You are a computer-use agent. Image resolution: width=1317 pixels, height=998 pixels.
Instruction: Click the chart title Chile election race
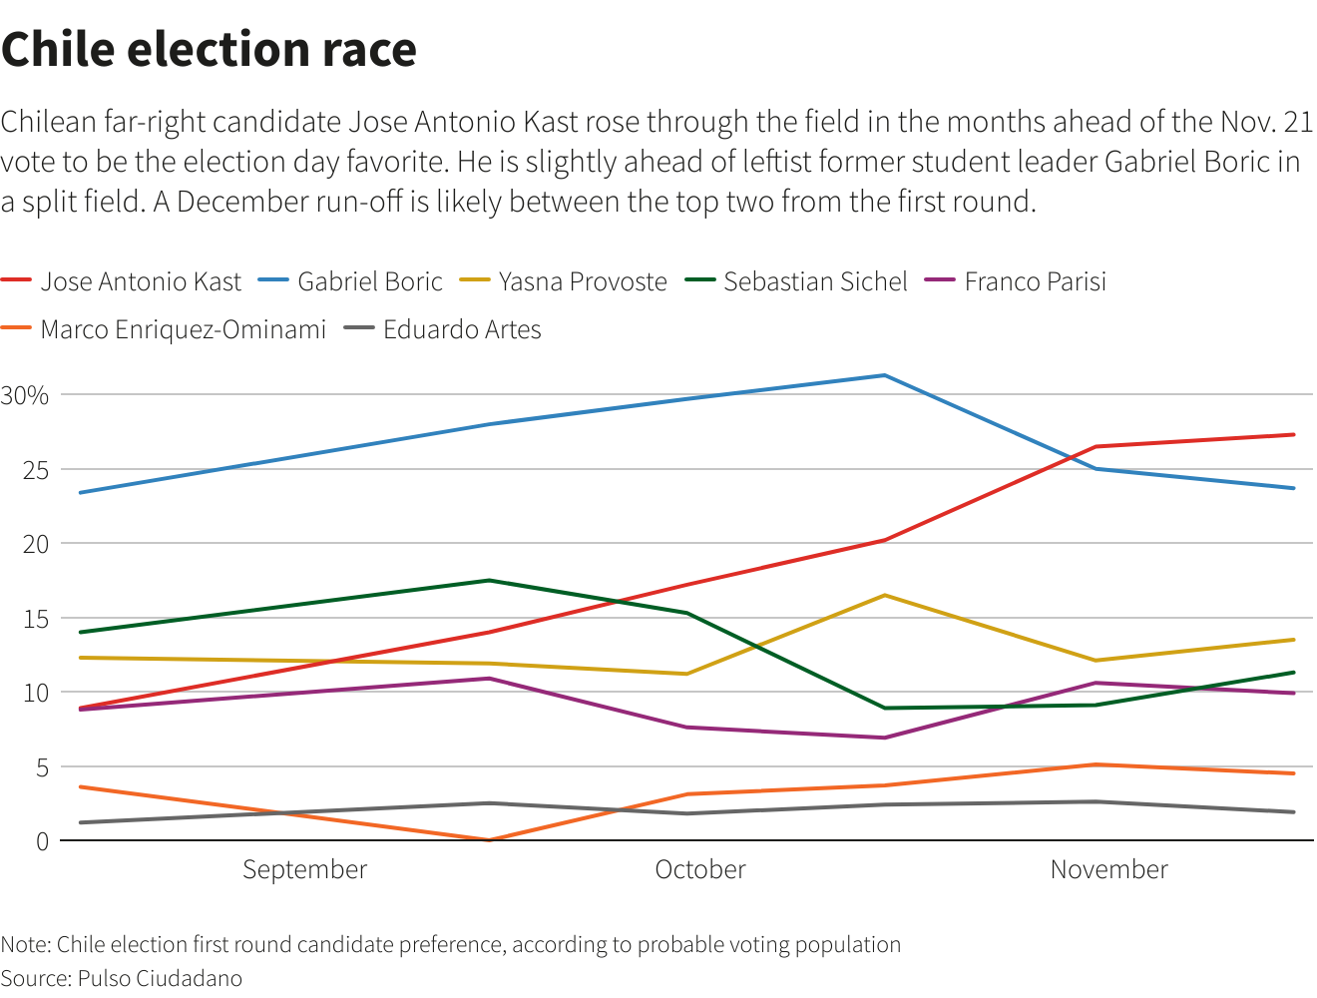click(209, 50)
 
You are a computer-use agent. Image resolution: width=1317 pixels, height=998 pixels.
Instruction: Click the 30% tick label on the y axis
click(25, 395)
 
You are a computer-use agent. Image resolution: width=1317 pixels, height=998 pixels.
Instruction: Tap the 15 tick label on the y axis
click(36, 619)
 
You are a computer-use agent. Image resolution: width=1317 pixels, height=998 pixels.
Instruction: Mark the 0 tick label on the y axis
click(42, 841)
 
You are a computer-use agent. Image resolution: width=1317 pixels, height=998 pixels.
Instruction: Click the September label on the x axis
click(304, 870)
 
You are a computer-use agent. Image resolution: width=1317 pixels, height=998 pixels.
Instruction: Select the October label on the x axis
click(699, 870)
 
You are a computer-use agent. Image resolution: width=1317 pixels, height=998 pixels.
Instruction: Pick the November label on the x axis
click(1108, 870)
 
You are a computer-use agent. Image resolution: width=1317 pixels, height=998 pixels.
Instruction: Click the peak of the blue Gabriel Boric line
click(884, 375)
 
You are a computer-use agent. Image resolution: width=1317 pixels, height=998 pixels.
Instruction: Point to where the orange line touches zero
click(489, 840)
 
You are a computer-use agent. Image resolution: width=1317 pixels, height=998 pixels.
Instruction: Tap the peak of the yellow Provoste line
click(884, 596)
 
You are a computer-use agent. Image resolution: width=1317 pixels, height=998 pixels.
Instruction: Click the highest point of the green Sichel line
click(489, 580)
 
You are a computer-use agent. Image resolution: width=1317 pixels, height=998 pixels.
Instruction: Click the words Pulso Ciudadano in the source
click(160, 978)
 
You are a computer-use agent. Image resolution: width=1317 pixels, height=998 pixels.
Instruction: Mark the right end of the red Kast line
click(1294, 434)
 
